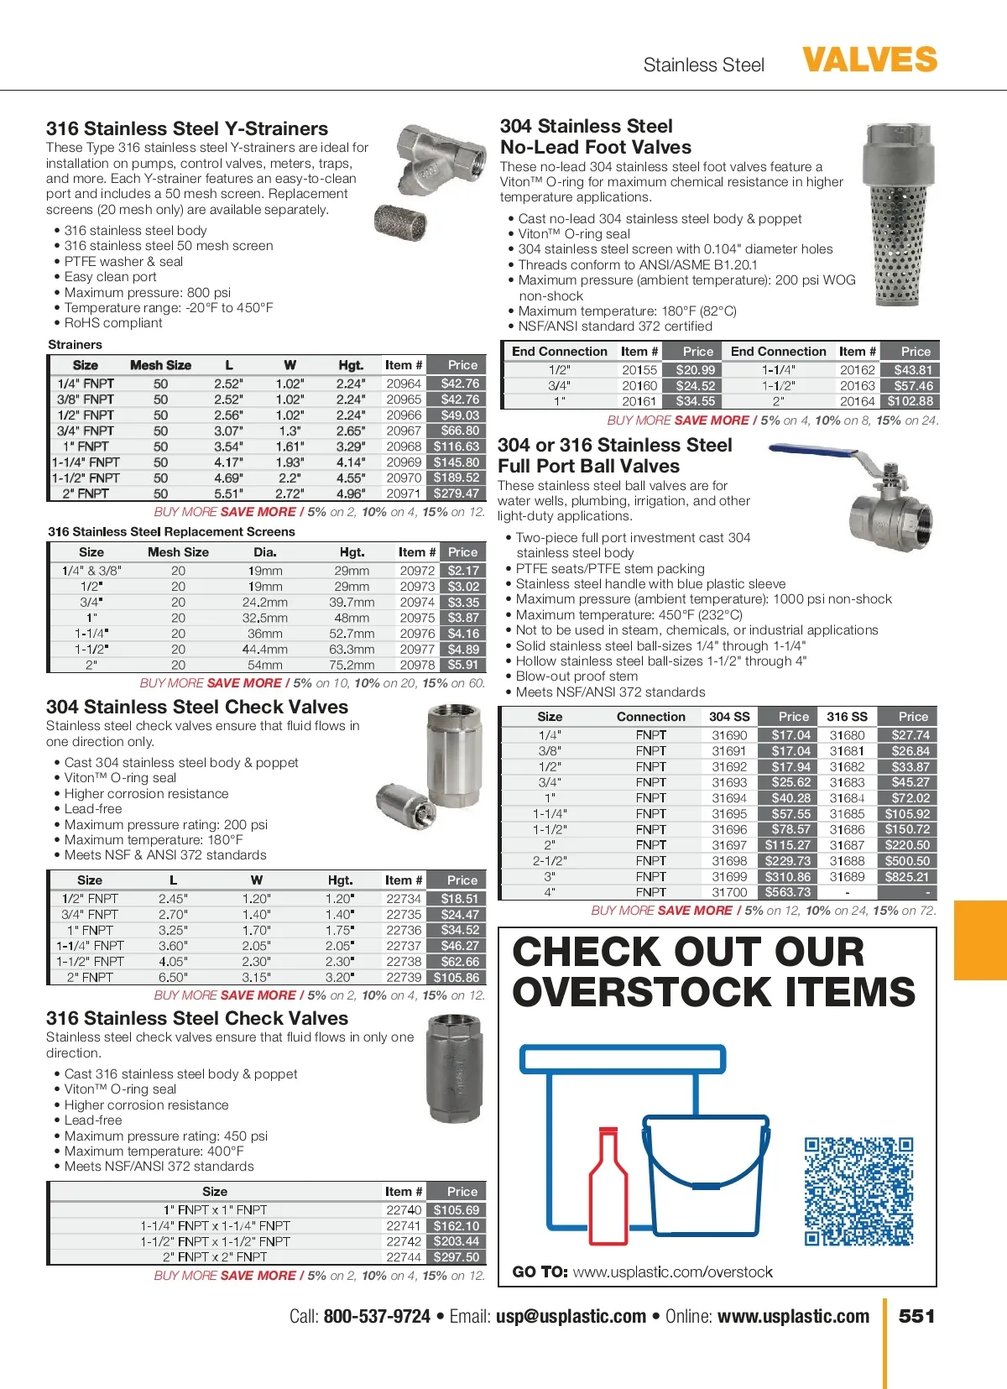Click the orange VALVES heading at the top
click(x=869, y=60)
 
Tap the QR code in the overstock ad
click(x=858, y=1191)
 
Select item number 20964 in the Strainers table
click(x=404, y=384)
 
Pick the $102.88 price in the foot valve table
click(x=910, y=401)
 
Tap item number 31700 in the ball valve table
click(x=729, y=892)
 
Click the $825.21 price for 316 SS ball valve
click(x=907, y=876)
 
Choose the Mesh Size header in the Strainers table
click(x=160, y=365)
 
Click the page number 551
click(x=916, y=1316)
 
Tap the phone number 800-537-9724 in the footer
click(x=377, y=1316)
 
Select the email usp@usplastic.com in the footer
click(x=571, y=1316)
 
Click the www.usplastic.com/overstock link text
click(x=673, y=1272)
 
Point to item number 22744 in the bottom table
click(x=404, y=1257)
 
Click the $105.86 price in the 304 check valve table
click(x=457, y=978)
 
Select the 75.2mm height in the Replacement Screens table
click(x=352, y=665)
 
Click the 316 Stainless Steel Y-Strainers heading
click(x=187, y=128)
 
